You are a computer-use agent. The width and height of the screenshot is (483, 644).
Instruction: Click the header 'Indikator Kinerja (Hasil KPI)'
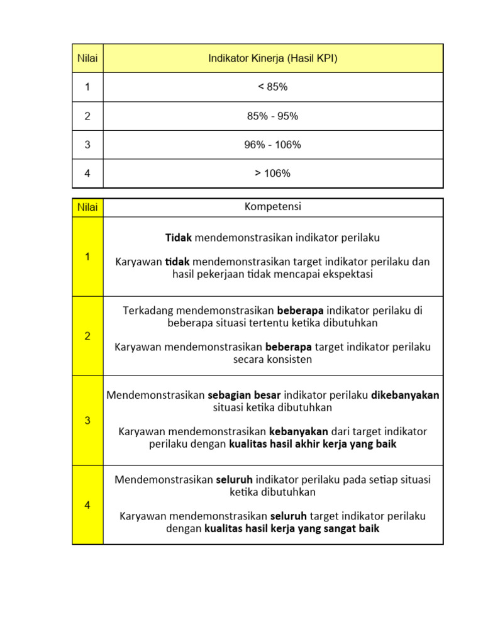pyautogui.click(x=272, y=58)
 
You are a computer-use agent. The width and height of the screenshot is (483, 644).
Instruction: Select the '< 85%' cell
pyautogui.click(x=272, y=87)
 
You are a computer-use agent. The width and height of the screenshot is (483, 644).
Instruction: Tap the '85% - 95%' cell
pyautogui.click(x=272, y=116)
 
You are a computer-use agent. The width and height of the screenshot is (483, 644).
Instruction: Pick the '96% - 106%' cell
pyautogui.click(x=272, y=145)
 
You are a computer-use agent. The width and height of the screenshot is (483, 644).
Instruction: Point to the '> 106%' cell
pyautogui.click(x=272, y=174)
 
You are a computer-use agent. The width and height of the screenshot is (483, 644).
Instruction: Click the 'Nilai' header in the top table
pyautogui.click(x=87, y=58)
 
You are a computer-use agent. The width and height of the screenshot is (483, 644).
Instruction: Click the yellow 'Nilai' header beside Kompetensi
pyautogui.click(x=87, y=208)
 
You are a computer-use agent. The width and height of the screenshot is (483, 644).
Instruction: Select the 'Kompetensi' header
pyautogui.click(x=272, y=207)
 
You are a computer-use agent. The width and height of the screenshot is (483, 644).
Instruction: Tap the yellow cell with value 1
pyautogui.click(x=87, y=257)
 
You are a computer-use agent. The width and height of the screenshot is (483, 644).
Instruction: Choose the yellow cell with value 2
pyautogui.click(x=87, y=336)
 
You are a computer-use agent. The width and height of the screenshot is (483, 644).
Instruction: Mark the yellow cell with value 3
pyautogui.click(x=87, y=421)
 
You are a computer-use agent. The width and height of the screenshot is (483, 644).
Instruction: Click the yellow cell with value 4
pyautogui.click(x=87, y=504)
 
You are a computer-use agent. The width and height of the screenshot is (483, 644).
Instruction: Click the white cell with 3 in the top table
pyautogui.click(x=87, y=145)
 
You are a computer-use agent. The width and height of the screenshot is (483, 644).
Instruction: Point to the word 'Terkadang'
pyautogui.click(x=148, y=311)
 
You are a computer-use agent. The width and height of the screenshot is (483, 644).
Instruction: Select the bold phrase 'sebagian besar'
pyautogui.click(x=244, y=395)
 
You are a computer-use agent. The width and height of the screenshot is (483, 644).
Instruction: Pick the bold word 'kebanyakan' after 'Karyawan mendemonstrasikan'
pyautogui.click(x=299, y=431)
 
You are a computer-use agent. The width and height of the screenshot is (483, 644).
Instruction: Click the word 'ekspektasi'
pyautogui.click(x=347, y=274)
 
